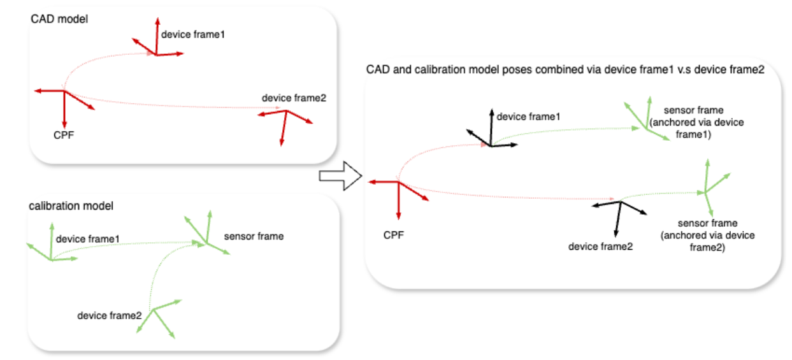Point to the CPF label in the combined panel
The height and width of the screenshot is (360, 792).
tap(394, 235)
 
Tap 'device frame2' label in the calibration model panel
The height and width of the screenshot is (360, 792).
tap(109, 315)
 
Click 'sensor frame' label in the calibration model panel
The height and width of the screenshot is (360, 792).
tap(254, 236)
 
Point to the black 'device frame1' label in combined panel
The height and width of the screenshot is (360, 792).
tap(528, 117)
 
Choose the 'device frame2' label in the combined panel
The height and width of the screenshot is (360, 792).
tap(600, 247)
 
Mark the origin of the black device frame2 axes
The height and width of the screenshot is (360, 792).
tap(620, 202)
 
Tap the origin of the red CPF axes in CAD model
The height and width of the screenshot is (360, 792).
tap(64, 91)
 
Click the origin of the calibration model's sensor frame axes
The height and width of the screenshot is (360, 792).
tap(205, 242)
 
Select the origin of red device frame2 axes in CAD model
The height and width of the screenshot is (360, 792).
tap(285, 112)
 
